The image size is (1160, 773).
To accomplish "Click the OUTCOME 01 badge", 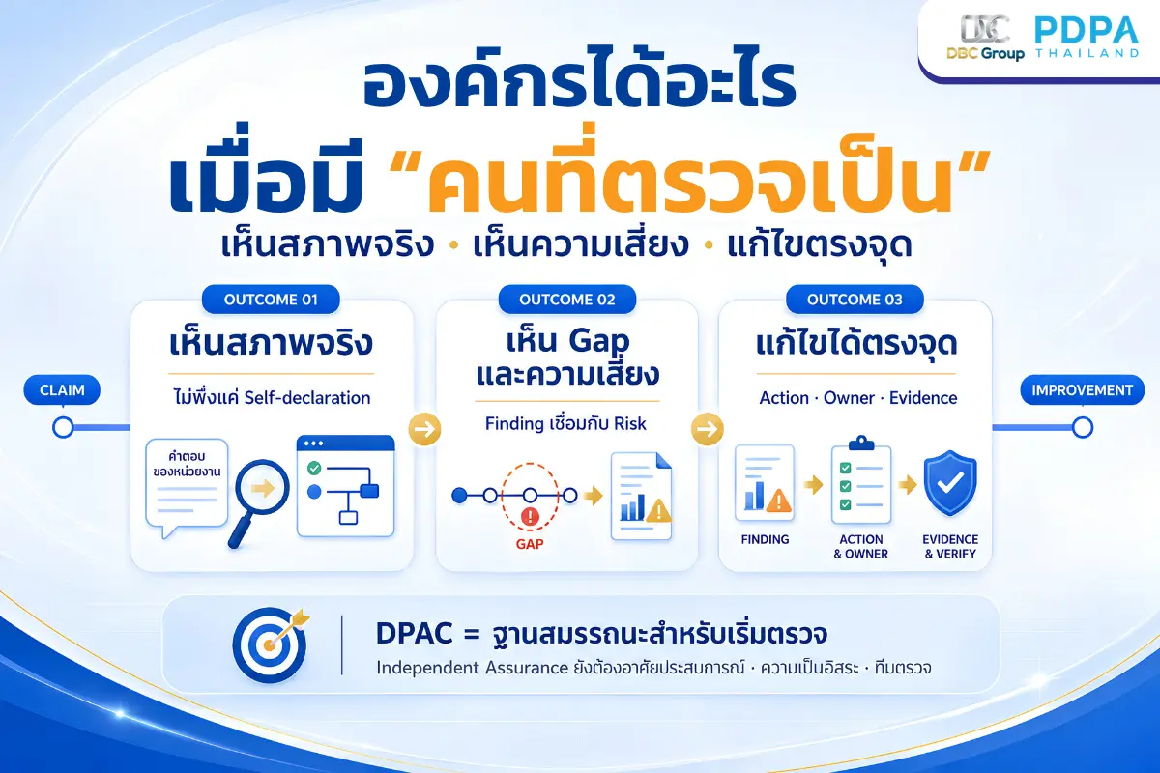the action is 271,300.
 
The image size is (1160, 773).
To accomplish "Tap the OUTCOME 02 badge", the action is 567,300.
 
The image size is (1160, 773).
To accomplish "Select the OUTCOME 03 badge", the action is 855,300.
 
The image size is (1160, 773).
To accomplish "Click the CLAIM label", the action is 62,389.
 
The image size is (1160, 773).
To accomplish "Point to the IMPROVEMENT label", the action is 1083,389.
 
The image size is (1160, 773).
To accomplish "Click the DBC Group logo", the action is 985,38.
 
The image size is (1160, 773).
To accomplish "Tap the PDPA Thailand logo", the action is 1087,37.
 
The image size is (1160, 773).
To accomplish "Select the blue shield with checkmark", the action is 950,483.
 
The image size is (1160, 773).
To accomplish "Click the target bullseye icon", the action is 271,644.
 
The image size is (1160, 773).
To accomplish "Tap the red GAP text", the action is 530,544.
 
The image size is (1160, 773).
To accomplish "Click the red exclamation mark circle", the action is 530,516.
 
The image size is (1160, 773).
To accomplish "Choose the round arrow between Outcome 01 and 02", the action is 424,429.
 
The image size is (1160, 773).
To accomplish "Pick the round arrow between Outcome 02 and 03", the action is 708,429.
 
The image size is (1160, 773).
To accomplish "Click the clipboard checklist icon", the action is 861,479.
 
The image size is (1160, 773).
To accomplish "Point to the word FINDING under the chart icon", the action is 765,539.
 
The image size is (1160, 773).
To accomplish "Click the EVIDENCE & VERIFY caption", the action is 950,546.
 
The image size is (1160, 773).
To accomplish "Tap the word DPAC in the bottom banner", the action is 415,633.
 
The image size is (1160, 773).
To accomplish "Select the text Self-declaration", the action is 307,398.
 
